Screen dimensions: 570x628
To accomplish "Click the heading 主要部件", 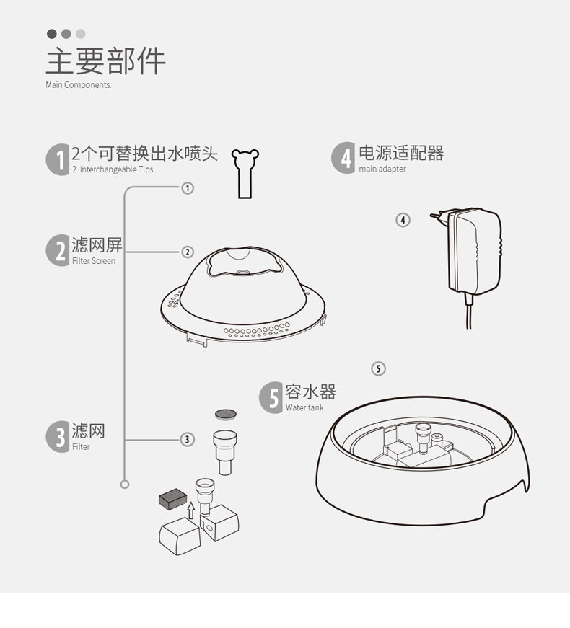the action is point(105,61).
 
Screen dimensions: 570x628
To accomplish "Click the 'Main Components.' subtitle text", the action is point(79,85).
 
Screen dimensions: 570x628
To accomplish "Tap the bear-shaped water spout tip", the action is point(245,172).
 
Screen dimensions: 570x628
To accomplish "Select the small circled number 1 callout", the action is point(188,188).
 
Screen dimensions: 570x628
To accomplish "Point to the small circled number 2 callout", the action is point(188,252).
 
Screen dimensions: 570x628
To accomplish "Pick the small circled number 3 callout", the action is point(188,439).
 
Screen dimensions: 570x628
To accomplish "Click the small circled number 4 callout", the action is point(403,219).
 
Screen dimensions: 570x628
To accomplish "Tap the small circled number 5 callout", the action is point(379,368).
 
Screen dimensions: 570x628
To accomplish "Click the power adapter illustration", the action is point(473,249).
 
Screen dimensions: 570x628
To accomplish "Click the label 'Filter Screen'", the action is point(94,261).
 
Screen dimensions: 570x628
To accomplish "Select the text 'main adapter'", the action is point(382,169).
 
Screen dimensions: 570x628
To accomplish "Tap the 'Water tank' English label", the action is point(304,408).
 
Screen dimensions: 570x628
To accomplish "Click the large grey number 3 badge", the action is point(57,435).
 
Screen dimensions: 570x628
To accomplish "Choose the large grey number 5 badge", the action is point(271,397).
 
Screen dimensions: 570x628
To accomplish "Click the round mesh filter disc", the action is point(226,414).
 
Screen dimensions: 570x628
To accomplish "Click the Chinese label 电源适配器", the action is point(401,153).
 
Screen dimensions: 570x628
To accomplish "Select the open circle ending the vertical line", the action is point(124,485).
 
